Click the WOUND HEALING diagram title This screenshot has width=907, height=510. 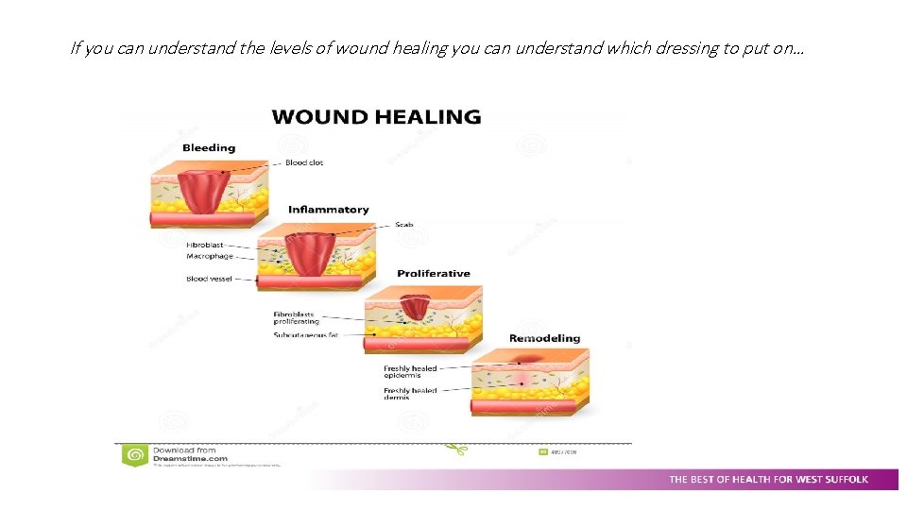pyautogui.click(x=376, y=117)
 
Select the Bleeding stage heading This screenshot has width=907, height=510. pyautogui.click(x=209, y=147)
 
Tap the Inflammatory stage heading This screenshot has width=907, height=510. pyautogui.click(x=329, y=210)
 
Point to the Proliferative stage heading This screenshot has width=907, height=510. pyautogui.click(x=434, y=274)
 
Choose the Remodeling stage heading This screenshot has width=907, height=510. pyautogui.click(x=545, y=338)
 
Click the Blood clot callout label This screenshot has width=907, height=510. pyautogui.click(x=304, y=162)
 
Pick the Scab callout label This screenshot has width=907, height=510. pyautogui.click(x=404, y=225)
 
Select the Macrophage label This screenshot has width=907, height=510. pyautogui.click(x=209, y=256)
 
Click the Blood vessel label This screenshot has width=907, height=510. pyautogui.click(x=209, y=279)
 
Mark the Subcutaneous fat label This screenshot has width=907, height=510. pyautogui.click(x=305, y=335)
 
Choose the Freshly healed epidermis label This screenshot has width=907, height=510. pyautogui.click(x=410, y=372)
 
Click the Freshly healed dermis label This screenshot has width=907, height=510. pyautogui.click(x=410, y=394)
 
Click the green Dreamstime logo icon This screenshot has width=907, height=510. pyautogui.click(x=135, y=455)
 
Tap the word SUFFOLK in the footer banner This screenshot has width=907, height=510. pyautogui.click(x=844, y=480)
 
